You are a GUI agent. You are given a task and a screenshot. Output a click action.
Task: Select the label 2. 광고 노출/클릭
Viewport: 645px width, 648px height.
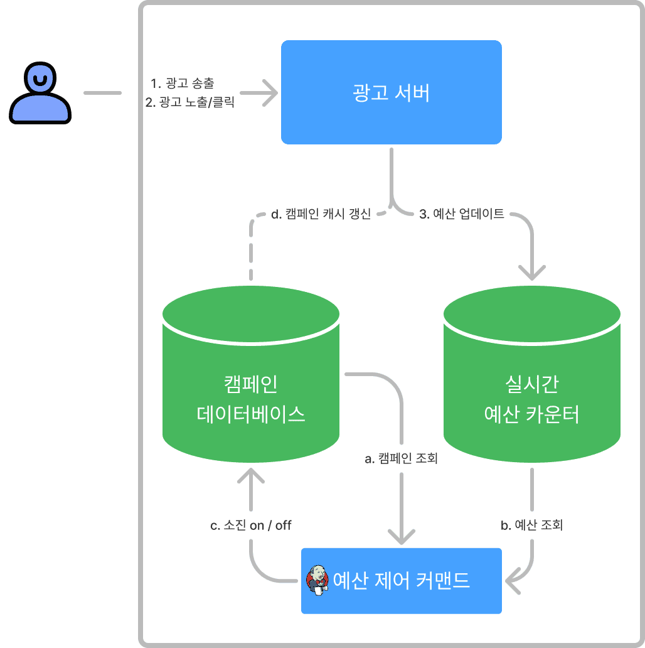[x=189, y=102]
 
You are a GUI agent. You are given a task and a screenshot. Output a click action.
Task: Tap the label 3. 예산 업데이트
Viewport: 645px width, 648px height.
[x=462, y=215]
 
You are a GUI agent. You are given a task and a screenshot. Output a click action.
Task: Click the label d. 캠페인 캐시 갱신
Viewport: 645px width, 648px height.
[x=321, y=215]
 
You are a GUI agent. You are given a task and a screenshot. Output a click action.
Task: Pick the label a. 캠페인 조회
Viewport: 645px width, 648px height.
[x=402, y=459]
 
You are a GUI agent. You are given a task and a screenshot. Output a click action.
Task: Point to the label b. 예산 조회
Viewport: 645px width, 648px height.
[x=531, y=525]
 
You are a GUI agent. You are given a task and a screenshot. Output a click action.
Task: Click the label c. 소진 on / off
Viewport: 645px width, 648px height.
[x=250, y=525]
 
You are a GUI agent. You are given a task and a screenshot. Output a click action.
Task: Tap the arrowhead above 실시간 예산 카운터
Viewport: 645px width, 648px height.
[x=532, y=274]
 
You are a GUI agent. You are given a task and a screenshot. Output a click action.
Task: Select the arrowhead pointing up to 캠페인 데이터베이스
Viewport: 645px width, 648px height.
[x=251, y=475]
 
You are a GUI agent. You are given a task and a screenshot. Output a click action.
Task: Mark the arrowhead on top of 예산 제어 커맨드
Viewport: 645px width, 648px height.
[x=402, y=537]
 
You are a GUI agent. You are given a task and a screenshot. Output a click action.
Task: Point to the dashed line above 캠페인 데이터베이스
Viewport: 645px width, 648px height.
[x=251, y=251]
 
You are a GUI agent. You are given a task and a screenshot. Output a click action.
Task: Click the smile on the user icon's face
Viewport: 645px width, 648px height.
[x=40, y=80]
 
